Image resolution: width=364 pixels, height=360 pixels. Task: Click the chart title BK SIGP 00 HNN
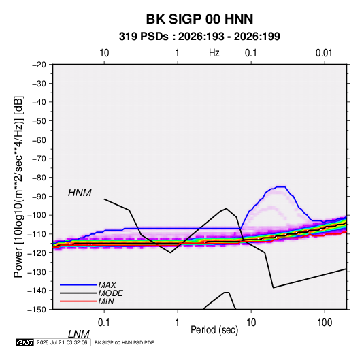click(199, 19)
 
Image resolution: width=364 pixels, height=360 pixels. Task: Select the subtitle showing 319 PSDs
click(199, 37)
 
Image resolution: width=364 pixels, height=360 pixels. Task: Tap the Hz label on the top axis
click(214, 53)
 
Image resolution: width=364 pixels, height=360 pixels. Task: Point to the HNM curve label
click(80, 193)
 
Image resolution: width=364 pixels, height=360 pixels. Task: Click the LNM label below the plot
click(79, 334)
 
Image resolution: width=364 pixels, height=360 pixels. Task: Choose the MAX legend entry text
click(107, 284)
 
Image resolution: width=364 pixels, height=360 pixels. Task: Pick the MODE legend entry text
click(110, 293)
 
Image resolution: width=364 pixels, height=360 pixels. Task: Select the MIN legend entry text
click(106, 301)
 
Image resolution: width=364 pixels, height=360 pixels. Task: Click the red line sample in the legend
click(78, 301)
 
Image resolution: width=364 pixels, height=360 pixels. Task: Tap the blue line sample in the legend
click(78, 284)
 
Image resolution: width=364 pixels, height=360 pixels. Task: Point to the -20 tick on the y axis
click(39, 65)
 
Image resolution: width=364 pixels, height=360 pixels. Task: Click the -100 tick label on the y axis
click(37, 215)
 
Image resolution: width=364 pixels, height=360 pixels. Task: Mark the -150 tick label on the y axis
click(37, 310)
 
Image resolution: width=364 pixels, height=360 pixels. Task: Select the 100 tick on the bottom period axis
click(325, 323)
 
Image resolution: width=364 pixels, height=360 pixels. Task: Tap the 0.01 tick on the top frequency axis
click(324, 53)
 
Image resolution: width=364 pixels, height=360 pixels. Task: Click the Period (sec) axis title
click(214, 330)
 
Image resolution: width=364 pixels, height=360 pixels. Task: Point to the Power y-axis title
click(18, 186)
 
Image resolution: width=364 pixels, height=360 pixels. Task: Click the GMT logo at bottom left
click(24, 342)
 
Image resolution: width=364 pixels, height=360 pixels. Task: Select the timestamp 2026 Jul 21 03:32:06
click(62, 342)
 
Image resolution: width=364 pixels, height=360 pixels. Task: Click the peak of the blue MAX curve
click(280, 186)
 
